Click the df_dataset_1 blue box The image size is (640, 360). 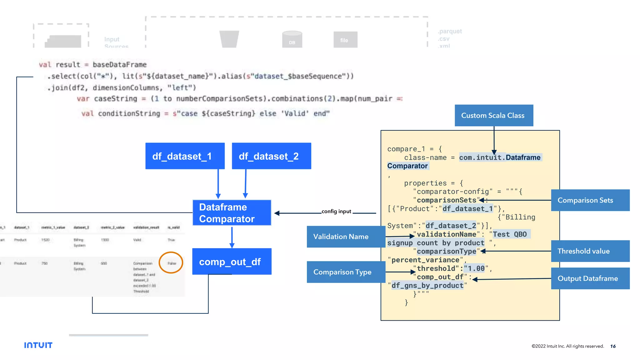[x=185, y=156]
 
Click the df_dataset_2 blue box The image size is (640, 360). [x=271, y=156]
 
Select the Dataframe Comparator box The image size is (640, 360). [x=232, y=213]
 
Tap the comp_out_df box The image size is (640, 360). [x=232, y=262]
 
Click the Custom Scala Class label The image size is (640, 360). [x=494, y=115]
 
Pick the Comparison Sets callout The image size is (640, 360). [x=590, y=200]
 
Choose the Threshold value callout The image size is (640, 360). [x=590, y=251]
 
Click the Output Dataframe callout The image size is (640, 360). [x=590, y=278]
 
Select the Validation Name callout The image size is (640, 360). [x=346, y=237]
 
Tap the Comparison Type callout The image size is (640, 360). [x=346, y=272]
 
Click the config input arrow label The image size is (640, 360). [x=336, y=211]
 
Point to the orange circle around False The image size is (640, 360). [x=171, y=262]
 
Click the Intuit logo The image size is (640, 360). [x=38, y=345]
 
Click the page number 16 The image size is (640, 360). [x=613, y=346]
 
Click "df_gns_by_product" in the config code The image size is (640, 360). [x=427, y=285]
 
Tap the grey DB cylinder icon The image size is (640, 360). [x=292, y=39]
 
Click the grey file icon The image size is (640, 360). [x=345, y=40]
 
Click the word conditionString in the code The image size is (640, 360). [x=129, y=113]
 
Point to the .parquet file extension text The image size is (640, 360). [x=450, y=31]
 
